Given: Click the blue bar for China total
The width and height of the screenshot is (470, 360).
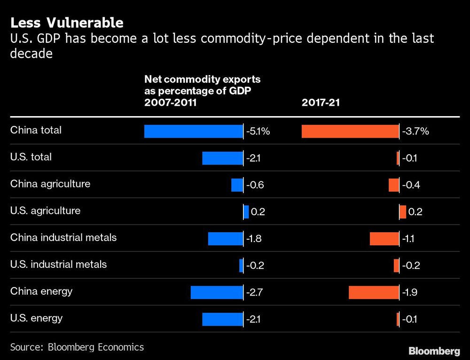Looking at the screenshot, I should point(193,131).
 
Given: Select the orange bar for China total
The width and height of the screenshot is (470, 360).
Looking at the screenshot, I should point(350,131).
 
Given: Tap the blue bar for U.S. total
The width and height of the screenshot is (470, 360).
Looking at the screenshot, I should point(222,158).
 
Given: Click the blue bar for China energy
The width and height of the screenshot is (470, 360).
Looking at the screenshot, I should point(217,292).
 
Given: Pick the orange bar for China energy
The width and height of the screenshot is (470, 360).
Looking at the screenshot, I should point(374,292).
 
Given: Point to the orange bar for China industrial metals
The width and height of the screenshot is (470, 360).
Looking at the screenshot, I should point(384,239).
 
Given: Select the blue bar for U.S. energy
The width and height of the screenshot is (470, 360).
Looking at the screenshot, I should point(222,319).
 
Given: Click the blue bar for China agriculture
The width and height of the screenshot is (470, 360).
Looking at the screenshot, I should point(237,185).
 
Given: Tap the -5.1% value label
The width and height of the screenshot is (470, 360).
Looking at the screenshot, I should point(258,132).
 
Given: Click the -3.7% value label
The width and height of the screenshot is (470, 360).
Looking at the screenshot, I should point(415,132).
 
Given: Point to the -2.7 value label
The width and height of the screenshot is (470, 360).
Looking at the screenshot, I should point(254,293).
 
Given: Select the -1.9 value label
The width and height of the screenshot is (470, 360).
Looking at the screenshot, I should point(410,293).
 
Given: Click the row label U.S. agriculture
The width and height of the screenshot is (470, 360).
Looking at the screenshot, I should point(45,211).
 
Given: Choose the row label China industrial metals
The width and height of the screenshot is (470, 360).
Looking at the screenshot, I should point(63,237).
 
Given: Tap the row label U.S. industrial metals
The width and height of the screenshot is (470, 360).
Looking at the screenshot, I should point(58,264).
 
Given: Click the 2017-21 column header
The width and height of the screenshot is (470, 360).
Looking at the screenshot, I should point(321,103).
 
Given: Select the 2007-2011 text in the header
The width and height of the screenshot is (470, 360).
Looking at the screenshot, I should point(171,103).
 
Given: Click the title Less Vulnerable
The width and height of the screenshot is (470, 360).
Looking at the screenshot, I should point(67,23).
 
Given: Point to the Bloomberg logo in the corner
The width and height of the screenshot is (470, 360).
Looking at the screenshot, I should point(434,351).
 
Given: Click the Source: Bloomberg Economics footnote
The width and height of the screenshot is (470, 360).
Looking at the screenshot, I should point(77,347).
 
